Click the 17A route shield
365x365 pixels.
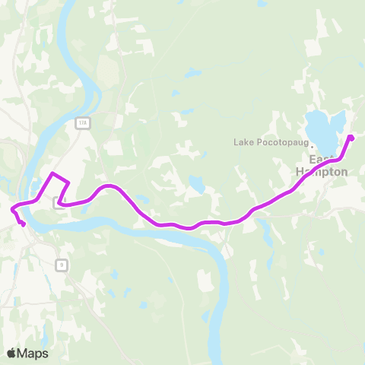[83, 122]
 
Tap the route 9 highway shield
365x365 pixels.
[62, 265]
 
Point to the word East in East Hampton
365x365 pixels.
[322, 160]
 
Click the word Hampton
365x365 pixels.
[322, 172]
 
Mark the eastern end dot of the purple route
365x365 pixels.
[351, 138]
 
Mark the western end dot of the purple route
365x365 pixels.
[24, 224]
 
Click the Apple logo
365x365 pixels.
[11, 353]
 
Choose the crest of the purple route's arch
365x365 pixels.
[109, 186]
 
